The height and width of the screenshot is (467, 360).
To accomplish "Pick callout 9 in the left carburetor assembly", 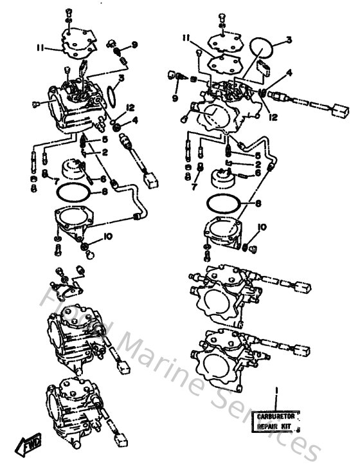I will pyautogui.click(x=134, y=44).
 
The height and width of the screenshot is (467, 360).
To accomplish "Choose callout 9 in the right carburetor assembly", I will pyautogui.click(x=174, y=98).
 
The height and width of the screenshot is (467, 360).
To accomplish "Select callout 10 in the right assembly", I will pyautogui.click(x=262, y=227).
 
